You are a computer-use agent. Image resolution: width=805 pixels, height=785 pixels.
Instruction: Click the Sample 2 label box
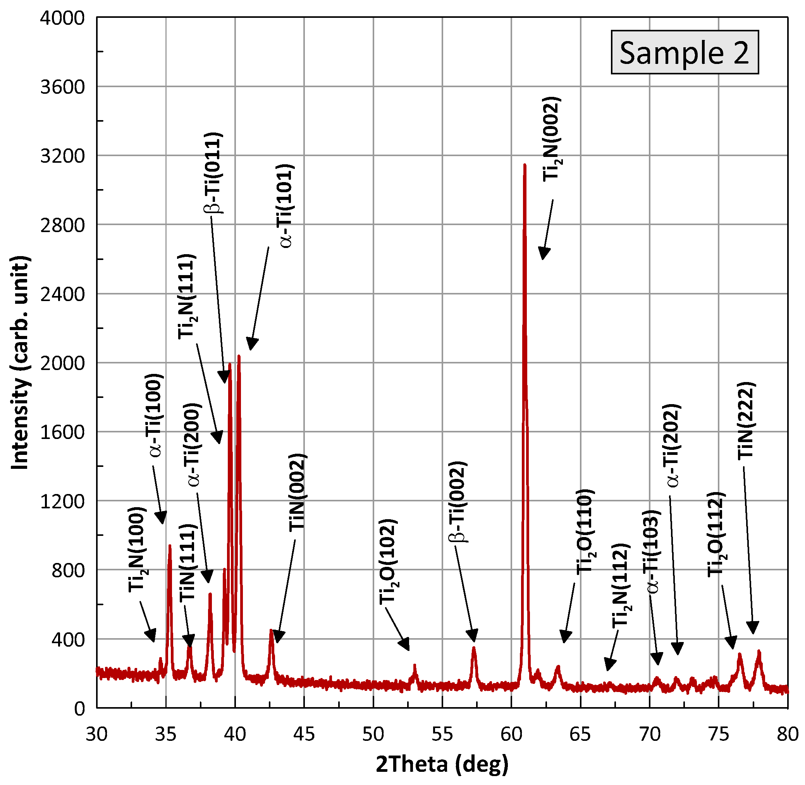tap(684, 52)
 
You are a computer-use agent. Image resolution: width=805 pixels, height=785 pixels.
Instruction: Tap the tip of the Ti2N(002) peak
tap(524, 165)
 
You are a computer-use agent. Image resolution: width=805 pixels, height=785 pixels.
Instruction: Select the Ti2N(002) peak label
tap(552, 139)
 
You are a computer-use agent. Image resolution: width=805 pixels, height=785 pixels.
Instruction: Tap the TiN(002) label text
tap(297, 493)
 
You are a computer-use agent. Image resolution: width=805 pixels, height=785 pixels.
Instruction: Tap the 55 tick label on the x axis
tap(442, 734)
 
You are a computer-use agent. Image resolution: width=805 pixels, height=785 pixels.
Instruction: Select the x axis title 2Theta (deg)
tap(442, 764)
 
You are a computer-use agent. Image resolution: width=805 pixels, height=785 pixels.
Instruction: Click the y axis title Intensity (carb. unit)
tap(20, 363)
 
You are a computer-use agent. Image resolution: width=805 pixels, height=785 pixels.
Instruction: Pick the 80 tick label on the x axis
tap(787, 734)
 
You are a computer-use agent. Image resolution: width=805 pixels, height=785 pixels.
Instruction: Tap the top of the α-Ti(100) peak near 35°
tap(169, 546)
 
